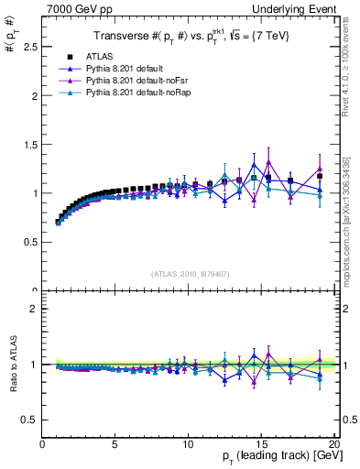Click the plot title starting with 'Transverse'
pyautogui.click(x=183, y=36)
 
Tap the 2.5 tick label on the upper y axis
pyautogui.click(x=30, y=46)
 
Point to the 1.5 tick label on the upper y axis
pyautogui.click(x=30, y=144)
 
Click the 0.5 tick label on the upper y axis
pyautogui.click(x=30, y=242)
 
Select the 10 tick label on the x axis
pyautogui.click(x=188, y=444)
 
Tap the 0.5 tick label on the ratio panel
pyautogui.click(x=30, y=420)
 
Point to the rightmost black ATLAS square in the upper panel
pyautogui.click(x=320, y=176)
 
